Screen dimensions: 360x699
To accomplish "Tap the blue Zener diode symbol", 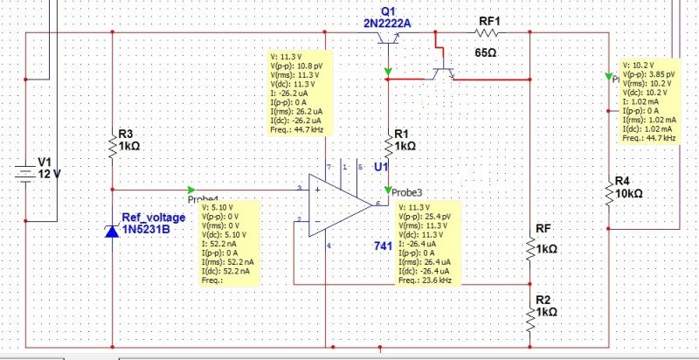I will click(113, 231).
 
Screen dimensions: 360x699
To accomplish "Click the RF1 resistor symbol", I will click(487, 34).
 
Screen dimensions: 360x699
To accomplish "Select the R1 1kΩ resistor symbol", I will click(388, 145).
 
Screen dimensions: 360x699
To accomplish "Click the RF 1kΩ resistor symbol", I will click(530, 248).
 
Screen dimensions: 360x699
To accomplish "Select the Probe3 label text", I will click(406, 191).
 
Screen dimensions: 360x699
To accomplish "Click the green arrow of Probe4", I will click(192, 189).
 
